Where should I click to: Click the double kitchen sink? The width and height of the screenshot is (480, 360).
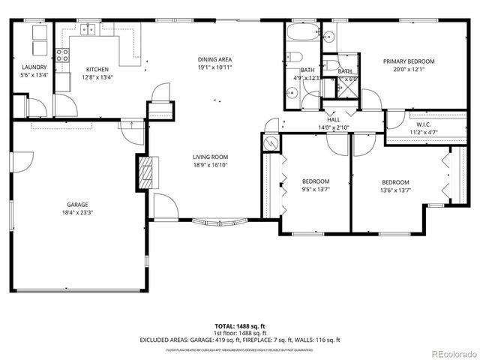[90, 30]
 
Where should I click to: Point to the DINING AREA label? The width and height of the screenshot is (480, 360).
[214, 59]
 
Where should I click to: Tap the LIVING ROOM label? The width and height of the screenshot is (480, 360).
[210, 157]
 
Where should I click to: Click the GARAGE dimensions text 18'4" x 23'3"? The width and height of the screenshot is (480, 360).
[77, 212]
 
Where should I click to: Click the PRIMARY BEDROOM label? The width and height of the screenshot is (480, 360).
[409, 61]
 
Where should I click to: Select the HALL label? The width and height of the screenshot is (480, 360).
[334, 119]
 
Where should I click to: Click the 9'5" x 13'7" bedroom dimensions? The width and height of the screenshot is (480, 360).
[316, 190]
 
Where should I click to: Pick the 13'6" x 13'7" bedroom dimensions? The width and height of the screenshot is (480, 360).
[395, 190]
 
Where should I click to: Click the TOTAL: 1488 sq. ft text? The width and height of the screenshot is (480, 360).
[240, 326]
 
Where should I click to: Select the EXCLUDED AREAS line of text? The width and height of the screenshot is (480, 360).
[240, 340]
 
